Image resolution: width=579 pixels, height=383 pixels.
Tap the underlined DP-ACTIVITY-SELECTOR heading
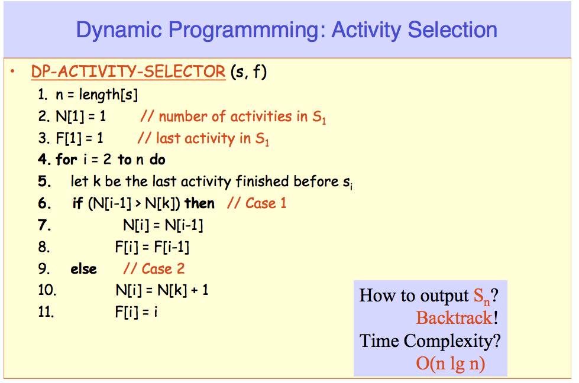(x=128, y=72)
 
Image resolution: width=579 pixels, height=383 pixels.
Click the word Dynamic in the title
(x=119, y=31)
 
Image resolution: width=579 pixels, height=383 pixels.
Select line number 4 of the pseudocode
(x=44, y=160)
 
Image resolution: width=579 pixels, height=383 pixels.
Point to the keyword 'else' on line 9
(x=83, y=269)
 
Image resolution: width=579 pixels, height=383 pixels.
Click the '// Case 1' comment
(x=257, y=203)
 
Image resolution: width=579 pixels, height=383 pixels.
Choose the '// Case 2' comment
(x=154, y=268)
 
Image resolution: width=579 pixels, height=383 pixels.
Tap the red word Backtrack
(x=454, y=318)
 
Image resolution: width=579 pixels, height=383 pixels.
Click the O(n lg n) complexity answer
(x=451, y=363)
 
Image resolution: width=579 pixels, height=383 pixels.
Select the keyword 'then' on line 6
(x=199, y=203)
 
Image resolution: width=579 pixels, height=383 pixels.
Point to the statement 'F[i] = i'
(x=136, y=312)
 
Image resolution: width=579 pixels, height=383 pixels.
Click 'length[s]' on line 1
(x=108, y=95)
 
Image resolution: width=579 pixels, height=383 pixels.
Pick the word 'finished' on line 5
(x=262, y=181)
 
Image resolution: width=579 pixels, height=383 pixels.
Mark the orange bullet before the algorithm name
(x=12, y=71)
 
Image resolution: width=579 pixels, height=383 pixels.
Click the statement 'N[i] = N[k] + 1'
(x=162, y=290)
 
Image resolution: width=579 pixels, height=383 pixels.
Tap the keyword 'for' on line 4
(x=66, y=160)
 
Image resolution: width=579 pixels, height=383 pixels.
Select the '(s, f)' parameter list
(x=248, y=72)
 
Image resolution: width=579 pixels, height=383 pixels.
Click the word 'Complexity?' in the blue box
(x=452, y=341)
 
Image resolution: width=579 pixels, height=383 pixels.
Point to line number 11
(x=46, y=312)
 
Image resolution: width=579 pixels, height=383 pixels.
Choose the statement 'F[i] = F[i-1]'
(x=152, y=247)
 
